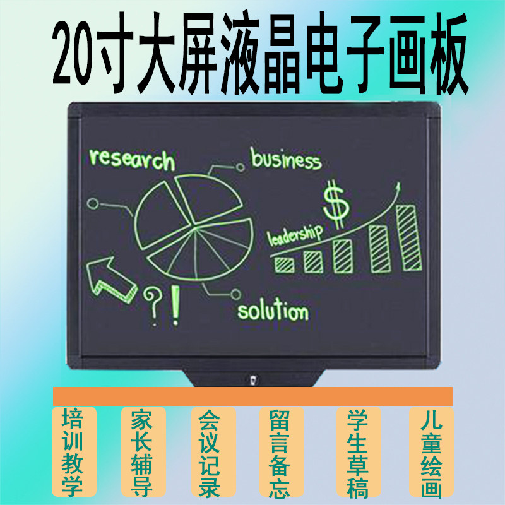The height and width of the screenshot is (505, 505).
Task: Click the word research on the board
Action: click(131, 159)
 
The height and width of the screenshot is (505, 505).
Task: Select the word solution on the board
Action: click(273, 311)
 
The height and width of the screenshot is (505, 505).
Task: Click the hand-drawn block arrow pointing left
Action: click(112, 278)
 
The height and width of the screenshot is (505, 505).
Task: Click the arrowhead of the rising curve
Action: click(398, 187)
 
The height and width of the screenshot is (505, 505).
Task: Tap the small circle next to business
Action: click(240, 166)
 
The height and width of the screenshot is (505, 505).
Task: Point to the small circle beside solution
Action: click(236, 293)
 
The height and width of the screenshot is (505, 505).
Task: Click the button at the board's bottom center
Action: click(252, 381)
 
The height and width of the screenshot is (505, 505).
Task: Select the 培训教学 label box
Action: click(73, 452)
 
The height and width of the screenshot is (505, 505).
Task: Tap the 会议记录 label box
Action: click(213, 452)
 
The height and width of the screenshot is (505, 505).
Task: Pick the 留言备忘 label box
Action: click(282, 452)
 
